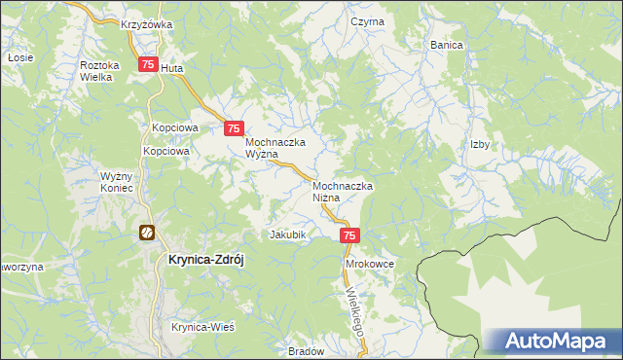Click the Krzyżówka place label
coord(146,24)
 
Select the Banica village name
coord(446,45)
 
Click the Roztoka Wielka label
coord(99,70)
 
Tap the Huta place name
coord(172,69)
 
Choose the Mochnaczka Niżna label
coord(344,191)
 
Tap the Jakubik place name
coord(288,234)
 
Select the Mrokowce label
coord(369,264)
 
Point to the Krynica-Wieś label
coord(203,327)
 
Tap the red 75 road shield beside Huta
coord(148,65)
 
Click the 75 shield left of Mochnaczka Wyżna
coord(234,127)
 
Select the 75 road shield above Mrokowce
coord(350,235)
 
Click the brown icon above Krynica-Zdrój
coord(146,233)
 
